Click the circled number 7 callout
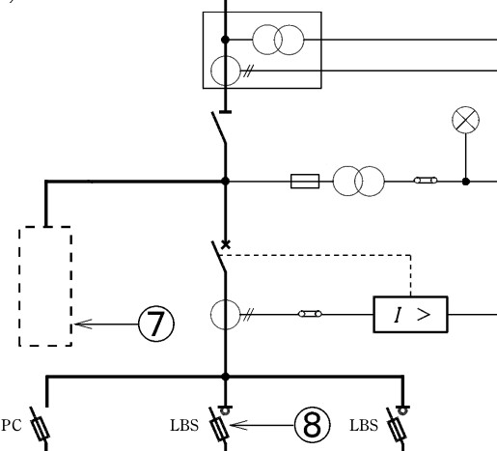coord(156,324)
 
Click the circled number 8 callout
coord(312,425)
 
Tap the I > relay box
coord(410,314)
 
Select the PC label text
coord(12,425)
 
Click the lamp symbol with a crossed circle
coord(465,120)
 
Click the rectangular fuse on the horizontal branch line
coord(305,182)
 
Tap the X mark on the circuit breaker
coord(226,244)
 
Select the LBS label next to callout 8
coord(184,426)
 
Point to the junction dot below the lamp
coord(465,182)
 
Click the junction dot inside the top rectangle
coord(226,40)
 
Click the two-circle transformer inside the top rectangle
coord(278,40)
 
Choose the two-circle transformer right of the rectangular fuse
coord(358,182)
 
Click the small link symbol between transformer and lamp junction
coord(426,181)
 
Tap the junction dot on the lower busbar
coord(226,377)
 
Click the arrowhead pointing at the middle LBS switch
coord(238,425)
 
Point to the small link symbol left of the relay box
coord(310,314)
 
